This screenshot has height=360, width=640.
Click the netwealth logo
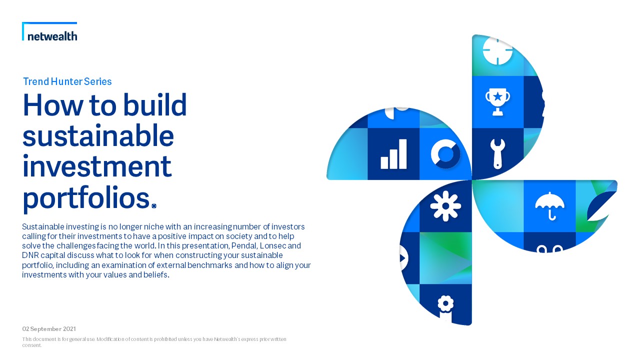(49, 31)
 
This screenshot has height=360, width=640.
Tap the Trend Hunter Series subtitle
(67, 81)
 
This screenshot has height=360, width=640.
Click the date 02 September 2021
(49, 329)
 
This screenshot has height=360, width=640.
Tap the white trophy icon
(497, 101)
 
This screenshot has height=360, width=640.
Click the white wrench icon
(497, 154)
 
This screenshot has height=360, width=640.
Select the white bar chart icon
(393, 154)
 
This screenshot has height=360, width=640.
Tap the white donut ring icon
(445, 154)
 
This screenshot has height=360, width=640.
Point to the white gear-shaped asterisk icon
(445, 206)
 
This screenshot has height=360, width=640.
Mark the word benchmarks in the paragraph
(209, 265)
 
